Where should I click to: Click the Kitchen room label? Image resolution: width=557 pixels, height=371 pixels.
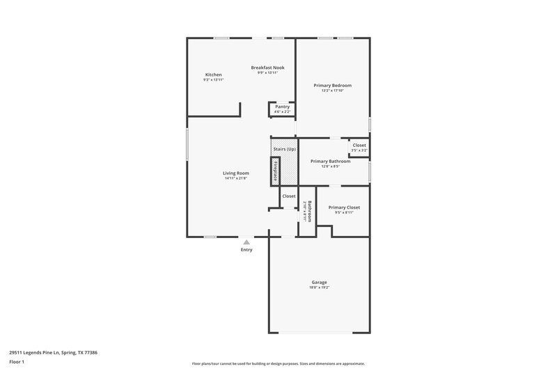pyautogui.click(x=213, y=74)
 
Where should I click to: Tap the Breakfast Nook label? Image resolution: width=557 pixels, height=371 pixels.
pyautogui.click(x=267, y=68)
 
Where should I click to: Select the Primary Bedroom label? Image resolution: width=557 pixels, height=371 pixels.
pyautogui.click(x=332, y=85)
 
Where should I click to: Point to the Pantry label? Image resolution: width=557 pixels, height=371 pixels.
pyautogui.click(x=282, y=106)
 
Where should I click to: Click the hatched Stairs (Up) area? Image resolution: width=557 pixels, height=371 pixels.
pyautogui.click(x=283, y=150)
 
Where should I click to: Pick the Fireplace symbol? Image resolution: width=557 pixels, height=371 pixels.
pyautogui.click(x=275, y=171)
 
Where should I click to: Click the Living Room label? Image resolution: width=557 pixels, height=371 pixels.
pyautogui.click(x=235, y=173)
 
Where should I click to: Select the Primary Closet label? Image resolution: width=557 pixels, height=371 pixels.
pyautogui.click(x=344, y=207)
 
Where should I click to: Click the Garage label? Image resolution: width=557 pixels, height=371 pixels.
pyautogui.click(x=319, y=282)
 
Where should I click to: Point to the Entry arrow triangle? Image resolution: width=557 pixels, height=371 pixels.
pyautogui.click(x=246, y=242)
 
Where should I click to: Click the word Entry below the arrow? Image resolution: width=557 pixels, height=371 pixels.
pyautogui.click(x=246, y=250)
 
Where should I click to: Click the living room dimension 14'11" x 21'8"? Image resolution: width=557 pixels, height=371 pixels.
pyautogui.click(x=235, y=178)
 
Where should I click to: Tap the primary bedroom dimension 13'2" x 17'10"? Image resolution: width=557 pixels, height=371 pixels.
pyautogui.click(x=332, y=90)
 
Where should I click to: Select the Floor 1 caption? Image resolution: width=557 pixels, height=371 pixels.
pyautogui.click(x=17, y=362)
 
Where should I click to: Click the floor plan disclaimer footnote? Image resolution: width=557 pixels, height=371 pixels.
pyautogui.click(x=278, y=363)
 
